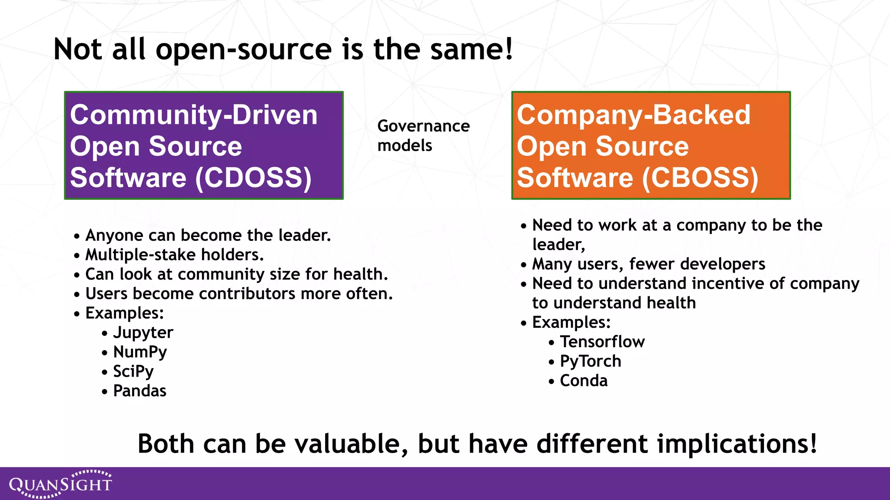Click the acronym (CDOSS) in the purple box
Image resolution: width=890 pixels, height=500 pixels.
click(x=253, y=178)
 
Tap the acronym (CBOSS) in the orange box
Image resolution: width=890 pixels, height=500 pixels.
click(x=700, y=178)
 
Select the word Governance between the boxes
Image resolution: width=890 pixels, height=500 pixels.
click(x=423, y=126)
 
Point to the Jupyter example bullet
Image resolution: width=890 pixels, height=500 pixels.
click(x=143, y=333)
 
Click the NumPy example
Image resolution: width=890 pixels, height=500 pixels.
click(x=139, y=352)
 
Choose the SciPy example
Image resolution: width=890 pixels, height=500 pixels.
click(x=133, y=372)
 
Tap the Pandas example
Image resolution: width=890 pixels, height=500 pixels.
click(x=139, y=391)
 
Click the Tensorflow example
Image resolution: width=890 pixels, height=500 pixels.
click(x=602, y=342)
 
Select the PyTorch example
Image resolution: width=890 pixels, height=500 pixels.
click(x=590, y=362)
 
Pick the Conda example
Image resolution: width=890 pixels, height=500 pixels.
click(x=583, y=381)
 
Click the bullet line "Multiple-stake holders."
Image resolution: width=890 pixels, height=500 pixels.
click(x=174, y=255)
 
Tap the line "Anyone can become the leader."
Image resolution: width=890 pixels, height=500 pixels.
click(x=208, y=235)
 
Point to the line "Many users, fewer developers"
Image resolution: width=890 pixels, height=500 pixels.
click(x=648, y=264)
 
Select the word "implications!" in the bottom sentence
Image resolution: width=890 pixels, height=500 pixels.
click(x=737, y=444)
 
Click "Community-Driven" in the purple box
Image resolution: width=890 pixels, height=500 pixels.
click(x=193, y=115)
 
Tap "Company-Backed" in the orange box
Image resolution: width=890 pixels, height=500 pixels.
click(x=633, y=115)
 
